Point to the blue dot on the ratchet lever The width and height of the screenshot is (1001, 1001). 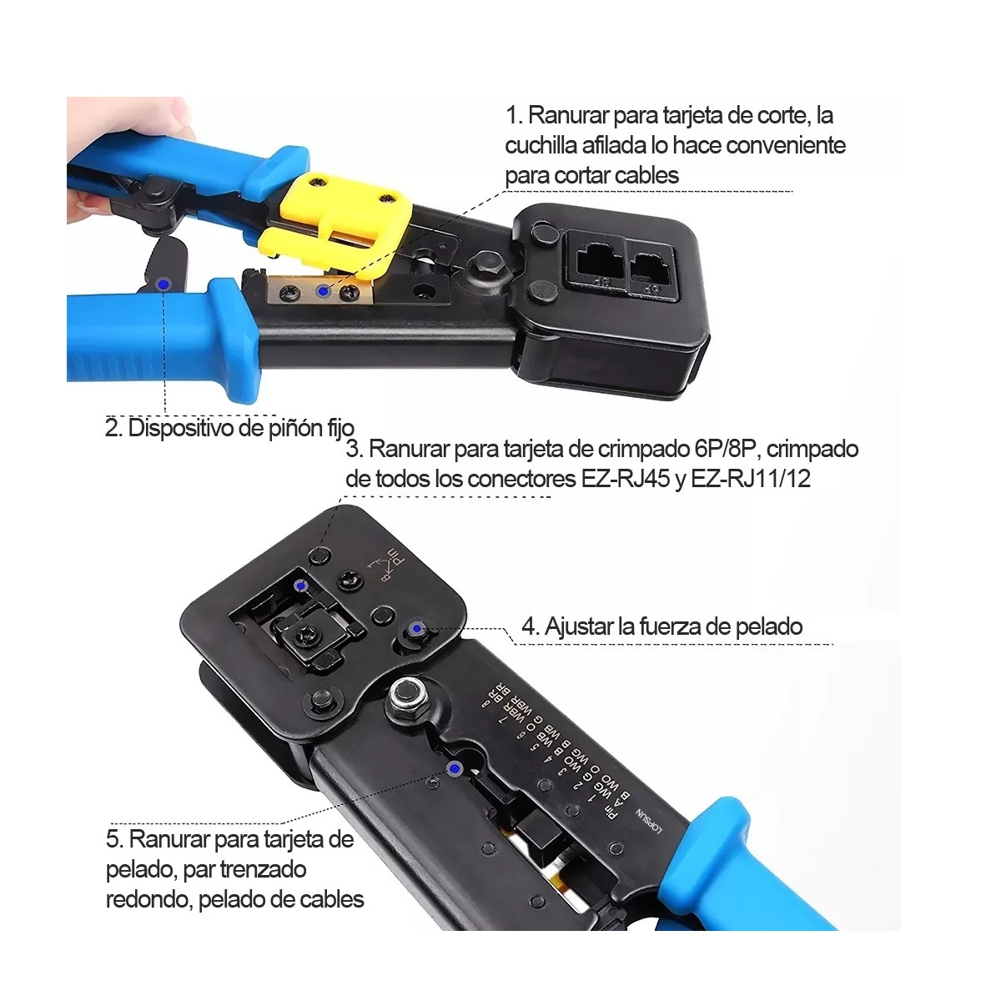click(163, 284)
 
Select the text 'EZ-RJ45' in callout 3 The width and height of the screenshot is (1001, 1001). click(626, 480)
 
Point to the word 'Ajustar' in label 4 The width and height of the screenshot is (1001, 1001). click(579, 626)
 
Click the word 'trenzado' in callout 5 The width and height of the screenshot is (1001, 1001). click(264, 869)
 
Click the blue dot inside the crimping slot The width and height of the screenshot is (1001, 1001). click(302, 586)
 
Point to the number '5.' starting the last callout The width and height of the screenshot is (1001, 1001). click(115, 839)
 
